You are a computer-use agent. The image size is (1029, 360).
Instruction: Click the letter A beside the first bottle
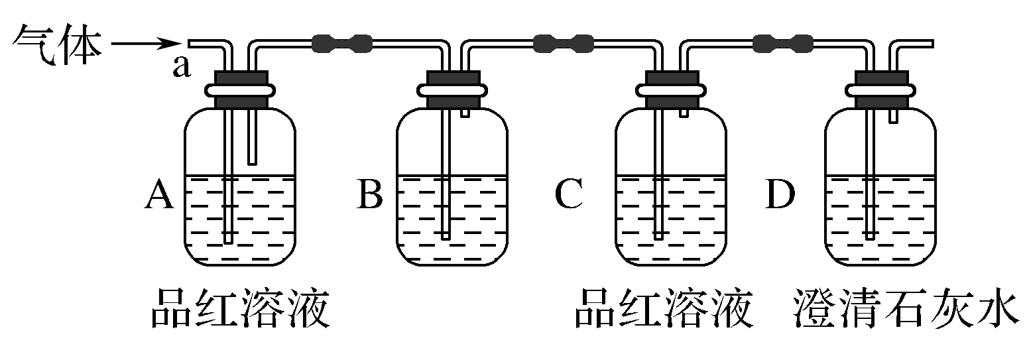[158, 196]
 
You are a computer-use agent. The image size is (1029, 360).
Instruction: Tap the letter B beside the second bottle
[370, 196]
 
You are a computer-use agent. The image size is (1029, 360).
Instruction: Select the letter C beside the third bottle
[569, 196]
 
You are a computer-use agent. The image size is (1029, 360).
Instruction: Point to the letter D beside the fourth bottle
[780, 196]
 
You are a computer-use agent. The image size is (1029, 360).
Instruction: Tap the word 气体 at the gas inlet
[58, 43]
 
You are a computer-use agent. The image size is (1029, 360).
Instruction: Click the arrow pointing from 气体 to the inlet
[145, 44]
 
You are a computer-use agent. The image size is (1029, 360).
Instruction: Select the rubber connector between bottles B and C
[563, 44]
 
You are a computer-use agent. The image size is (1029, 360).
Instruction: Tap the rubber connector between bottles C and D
[783, 44]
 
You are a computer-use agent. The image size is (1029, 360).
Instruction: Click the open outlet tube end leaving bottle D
[930, 44]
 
